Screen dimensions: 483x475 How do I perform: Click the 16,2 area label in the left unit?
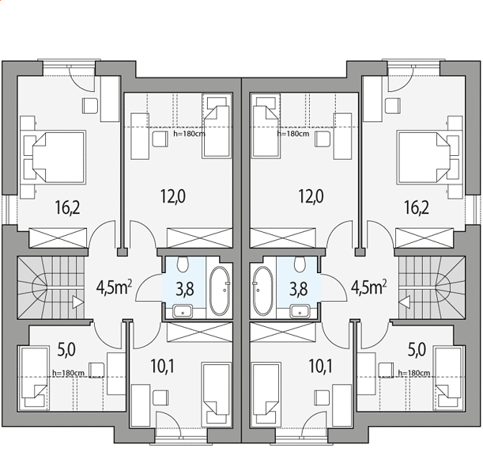coord(67,207)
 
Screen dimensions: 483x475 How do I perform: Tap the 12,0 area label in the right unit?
coord(311,196)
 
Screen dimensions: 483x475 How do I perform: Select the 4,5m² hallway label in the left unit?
coord(114,288)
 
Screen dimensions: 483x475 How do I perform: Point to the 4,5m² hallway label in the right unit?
coord(369,288)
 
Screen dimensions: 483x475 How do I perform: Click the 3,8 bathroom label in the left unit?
coord(185,289)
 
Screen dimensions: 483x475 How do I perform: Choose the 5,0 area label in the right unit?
coord(417,350)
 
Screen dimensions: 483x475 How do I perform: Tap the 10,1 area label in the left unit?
coord(162,367)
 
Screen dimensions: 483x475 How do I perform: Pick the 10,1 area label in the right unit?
coord(320,367)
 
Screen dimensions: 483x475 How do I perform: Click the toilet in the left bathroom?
coord(183,264)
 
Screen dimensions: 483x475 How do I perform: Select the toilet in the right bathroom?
coord(300,264)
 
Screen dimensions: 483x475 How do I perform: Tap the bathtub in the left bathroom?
coord(220,291)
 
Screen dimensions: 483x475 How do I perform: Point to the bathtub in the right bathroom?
coord(262,291)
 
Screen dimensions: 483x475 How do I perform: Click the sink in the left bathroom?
coord(183,311)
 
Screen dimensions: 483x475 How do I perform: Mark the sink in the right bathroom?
coord(300,311)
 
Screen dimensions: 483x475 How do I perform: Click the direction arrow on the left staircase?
coord(77,302)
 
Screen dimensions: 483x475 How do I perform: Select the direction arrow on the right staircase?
coord(404,302)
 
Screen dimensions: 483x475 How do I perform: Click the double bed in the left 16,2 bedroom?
coord(55,158)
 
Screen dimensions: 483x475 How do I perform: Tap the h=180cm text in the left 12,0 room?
coord(189,134)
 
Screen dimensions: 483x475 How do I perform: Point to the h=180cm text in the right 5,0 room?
coord(414,373)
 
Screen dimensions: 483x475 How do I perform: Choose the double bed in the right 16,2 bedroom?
coord(428,158)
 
